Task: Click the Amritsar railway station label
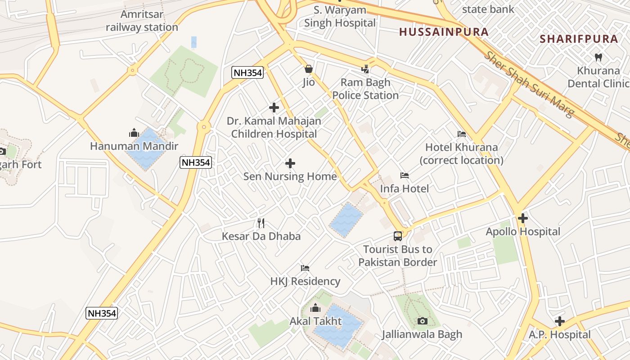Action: click(x=142, y=21)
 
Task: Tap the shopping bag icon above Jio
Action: click(x=308, y=69)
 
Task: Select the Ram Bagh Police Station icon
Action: click(x=365, y=69)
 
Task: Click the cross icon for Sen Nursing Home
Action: click(x=290, y=163)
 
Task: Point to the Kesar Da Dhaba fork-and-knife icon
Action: click(x=261, y=223)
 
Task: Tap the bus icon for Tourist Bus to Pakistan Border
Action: click(x=398, y=236)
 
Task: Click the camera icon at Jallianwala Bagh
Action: click(x=422, y=321)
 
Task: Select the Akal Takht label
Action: click(x=316, y=321)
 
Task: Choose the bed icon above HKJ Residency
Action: click(x=305, y=268)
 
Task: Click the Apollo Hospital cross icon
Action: click(x=522, y=219)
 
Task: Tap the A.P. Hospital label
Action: click(x=559, y=334)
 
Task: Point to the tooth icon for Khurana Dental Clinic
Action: click(x=598, y=57)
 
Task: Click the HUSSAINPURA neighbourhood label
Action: click(x=444, y=32)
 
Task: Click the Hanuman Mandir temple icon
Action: click(x=134, y=133)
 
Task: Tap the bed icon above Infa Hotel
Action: click(x=405, y=175)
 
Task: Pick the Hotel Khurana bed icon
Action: click(x=461, y=134)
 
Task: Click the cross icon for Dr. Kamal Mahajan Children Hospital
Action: click(x=274, y=108)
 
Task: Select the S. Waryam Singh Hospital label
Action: click(x=340, y=16)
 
